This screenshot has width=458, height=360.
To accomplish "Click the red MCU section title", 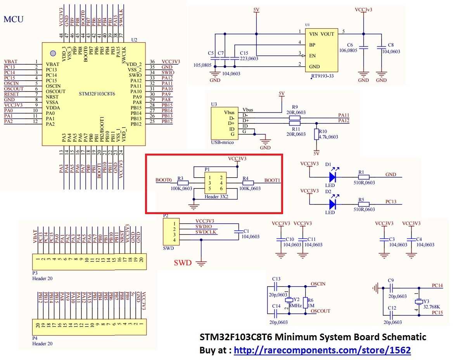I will click(x=14, y=19).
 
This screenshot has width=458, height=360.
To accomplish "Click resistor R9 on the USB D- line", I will click(x=295, y=118).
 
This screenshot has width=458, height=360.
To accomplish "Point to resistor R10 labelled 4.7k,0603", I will click(x=316, y=134).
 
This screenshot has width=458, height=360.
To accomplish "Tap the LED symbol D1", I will click(x=332, y=177).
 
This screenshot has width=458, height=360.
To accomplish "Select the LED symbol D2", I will click(x=332, y=204).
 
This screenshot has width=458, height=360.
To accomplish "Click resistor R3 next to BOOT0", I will click(x=183, y=183).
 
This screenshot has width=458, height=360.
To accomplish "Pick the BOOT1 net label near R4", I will click(x=272, y=180).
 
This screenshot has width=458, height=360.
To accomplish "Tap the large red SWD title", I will click(x=182, y=263).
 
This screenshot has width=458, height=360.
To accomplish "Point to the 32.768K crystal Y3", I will click(x=419, y=302).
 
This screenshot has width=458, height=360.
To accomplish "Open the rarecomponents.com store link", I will click(x=322, y=350).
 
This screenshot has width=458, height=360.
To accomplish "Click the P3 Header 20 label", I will click(x=42, y=278).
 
